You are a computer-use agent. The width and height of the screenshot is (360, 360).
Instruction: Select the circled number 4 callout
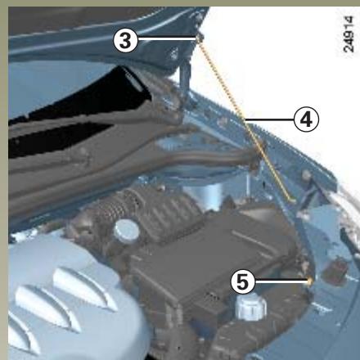tap(305, 119)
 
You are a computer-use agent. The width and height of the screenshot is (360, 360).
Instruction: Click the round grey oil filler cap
tap(125, 230)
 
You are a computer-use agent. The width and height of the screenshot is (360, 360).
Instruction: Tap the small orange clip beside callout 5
tap(311, 282)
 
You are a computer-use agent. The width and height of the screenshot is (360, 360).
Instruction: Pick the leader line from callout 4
tap(268, 119)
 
